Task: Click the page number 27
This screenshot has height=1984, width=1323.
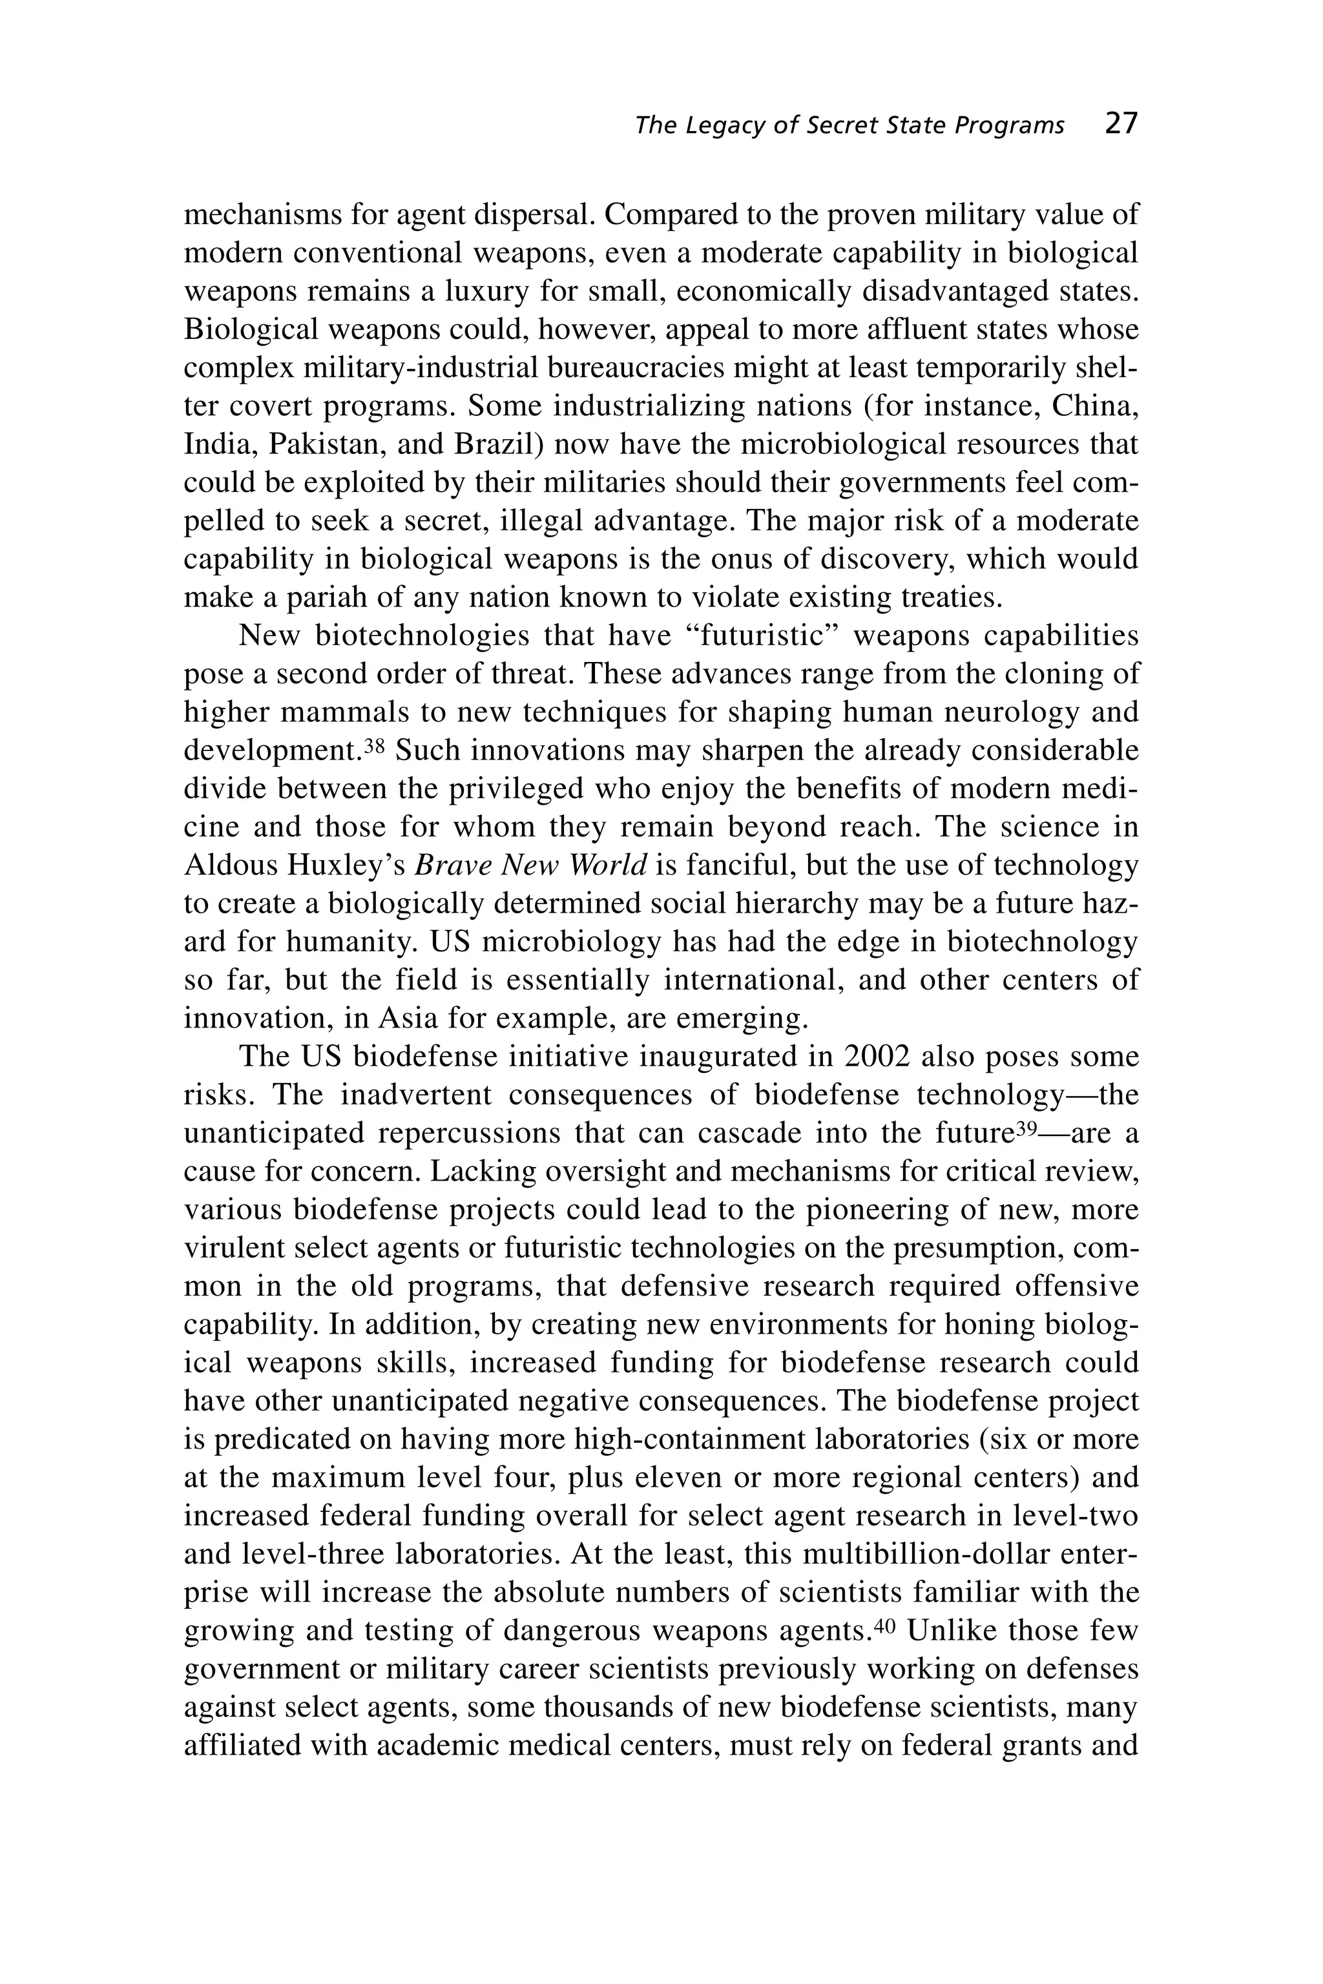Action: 1121,124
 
